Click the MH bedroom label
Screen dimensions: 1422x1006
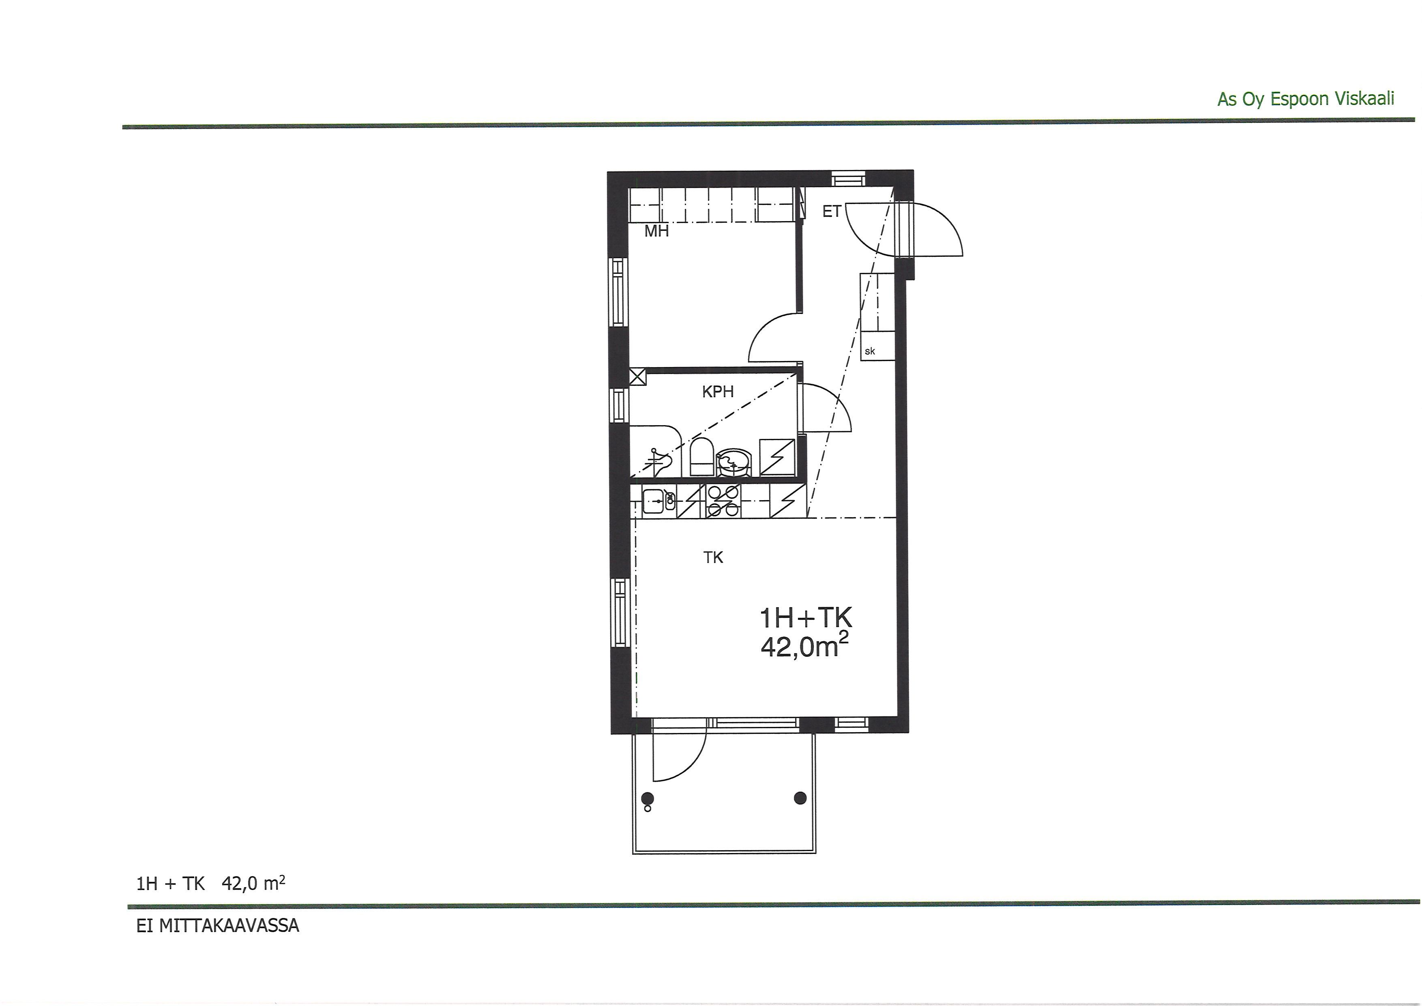click(656, 232)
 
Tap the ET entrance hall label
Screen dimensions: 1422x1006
click(831, 212)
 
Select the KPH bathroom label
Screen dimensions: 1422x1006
click(718, 391)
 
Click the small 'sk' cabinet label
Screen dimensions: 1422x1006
click(870, 351)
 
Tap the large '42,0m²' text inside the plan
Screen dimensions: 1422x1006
click(804, 646)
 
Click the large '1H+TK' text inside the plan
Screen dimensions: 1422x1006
click(806, 618)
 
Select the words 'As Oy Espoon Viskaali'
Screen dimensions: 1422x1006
click(1306, 99)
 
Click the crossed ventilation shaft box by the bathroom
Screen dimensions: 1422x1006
click(637, 376)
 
